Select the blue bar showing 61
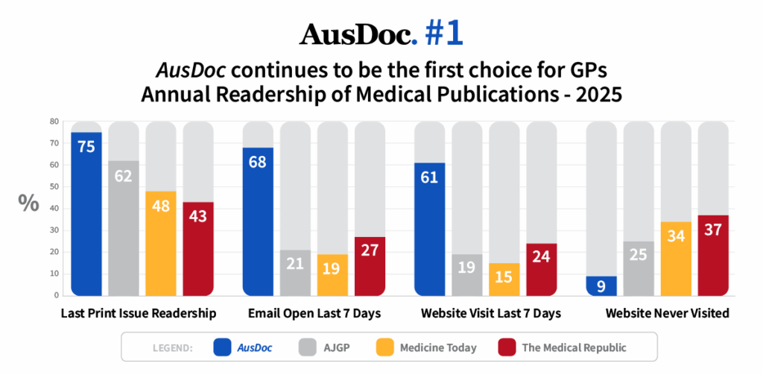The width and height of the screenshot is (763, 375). [429, 228]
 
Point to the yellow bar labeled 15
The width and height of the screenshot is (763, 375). [504, 279]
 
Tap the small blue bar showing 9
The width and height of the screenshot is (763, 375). [601, 286]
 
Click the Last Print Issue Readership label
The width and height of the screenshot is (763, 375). [139, 314]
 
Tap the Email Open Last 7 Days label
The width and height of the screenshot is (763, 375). [314, 314]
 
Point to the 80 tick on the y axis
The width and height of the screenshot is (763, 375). [54, 122]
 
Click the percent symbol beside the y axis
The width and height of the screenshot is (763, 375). [28, 204]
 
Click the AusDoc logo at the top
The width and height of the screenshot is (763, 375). [356, 34]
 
